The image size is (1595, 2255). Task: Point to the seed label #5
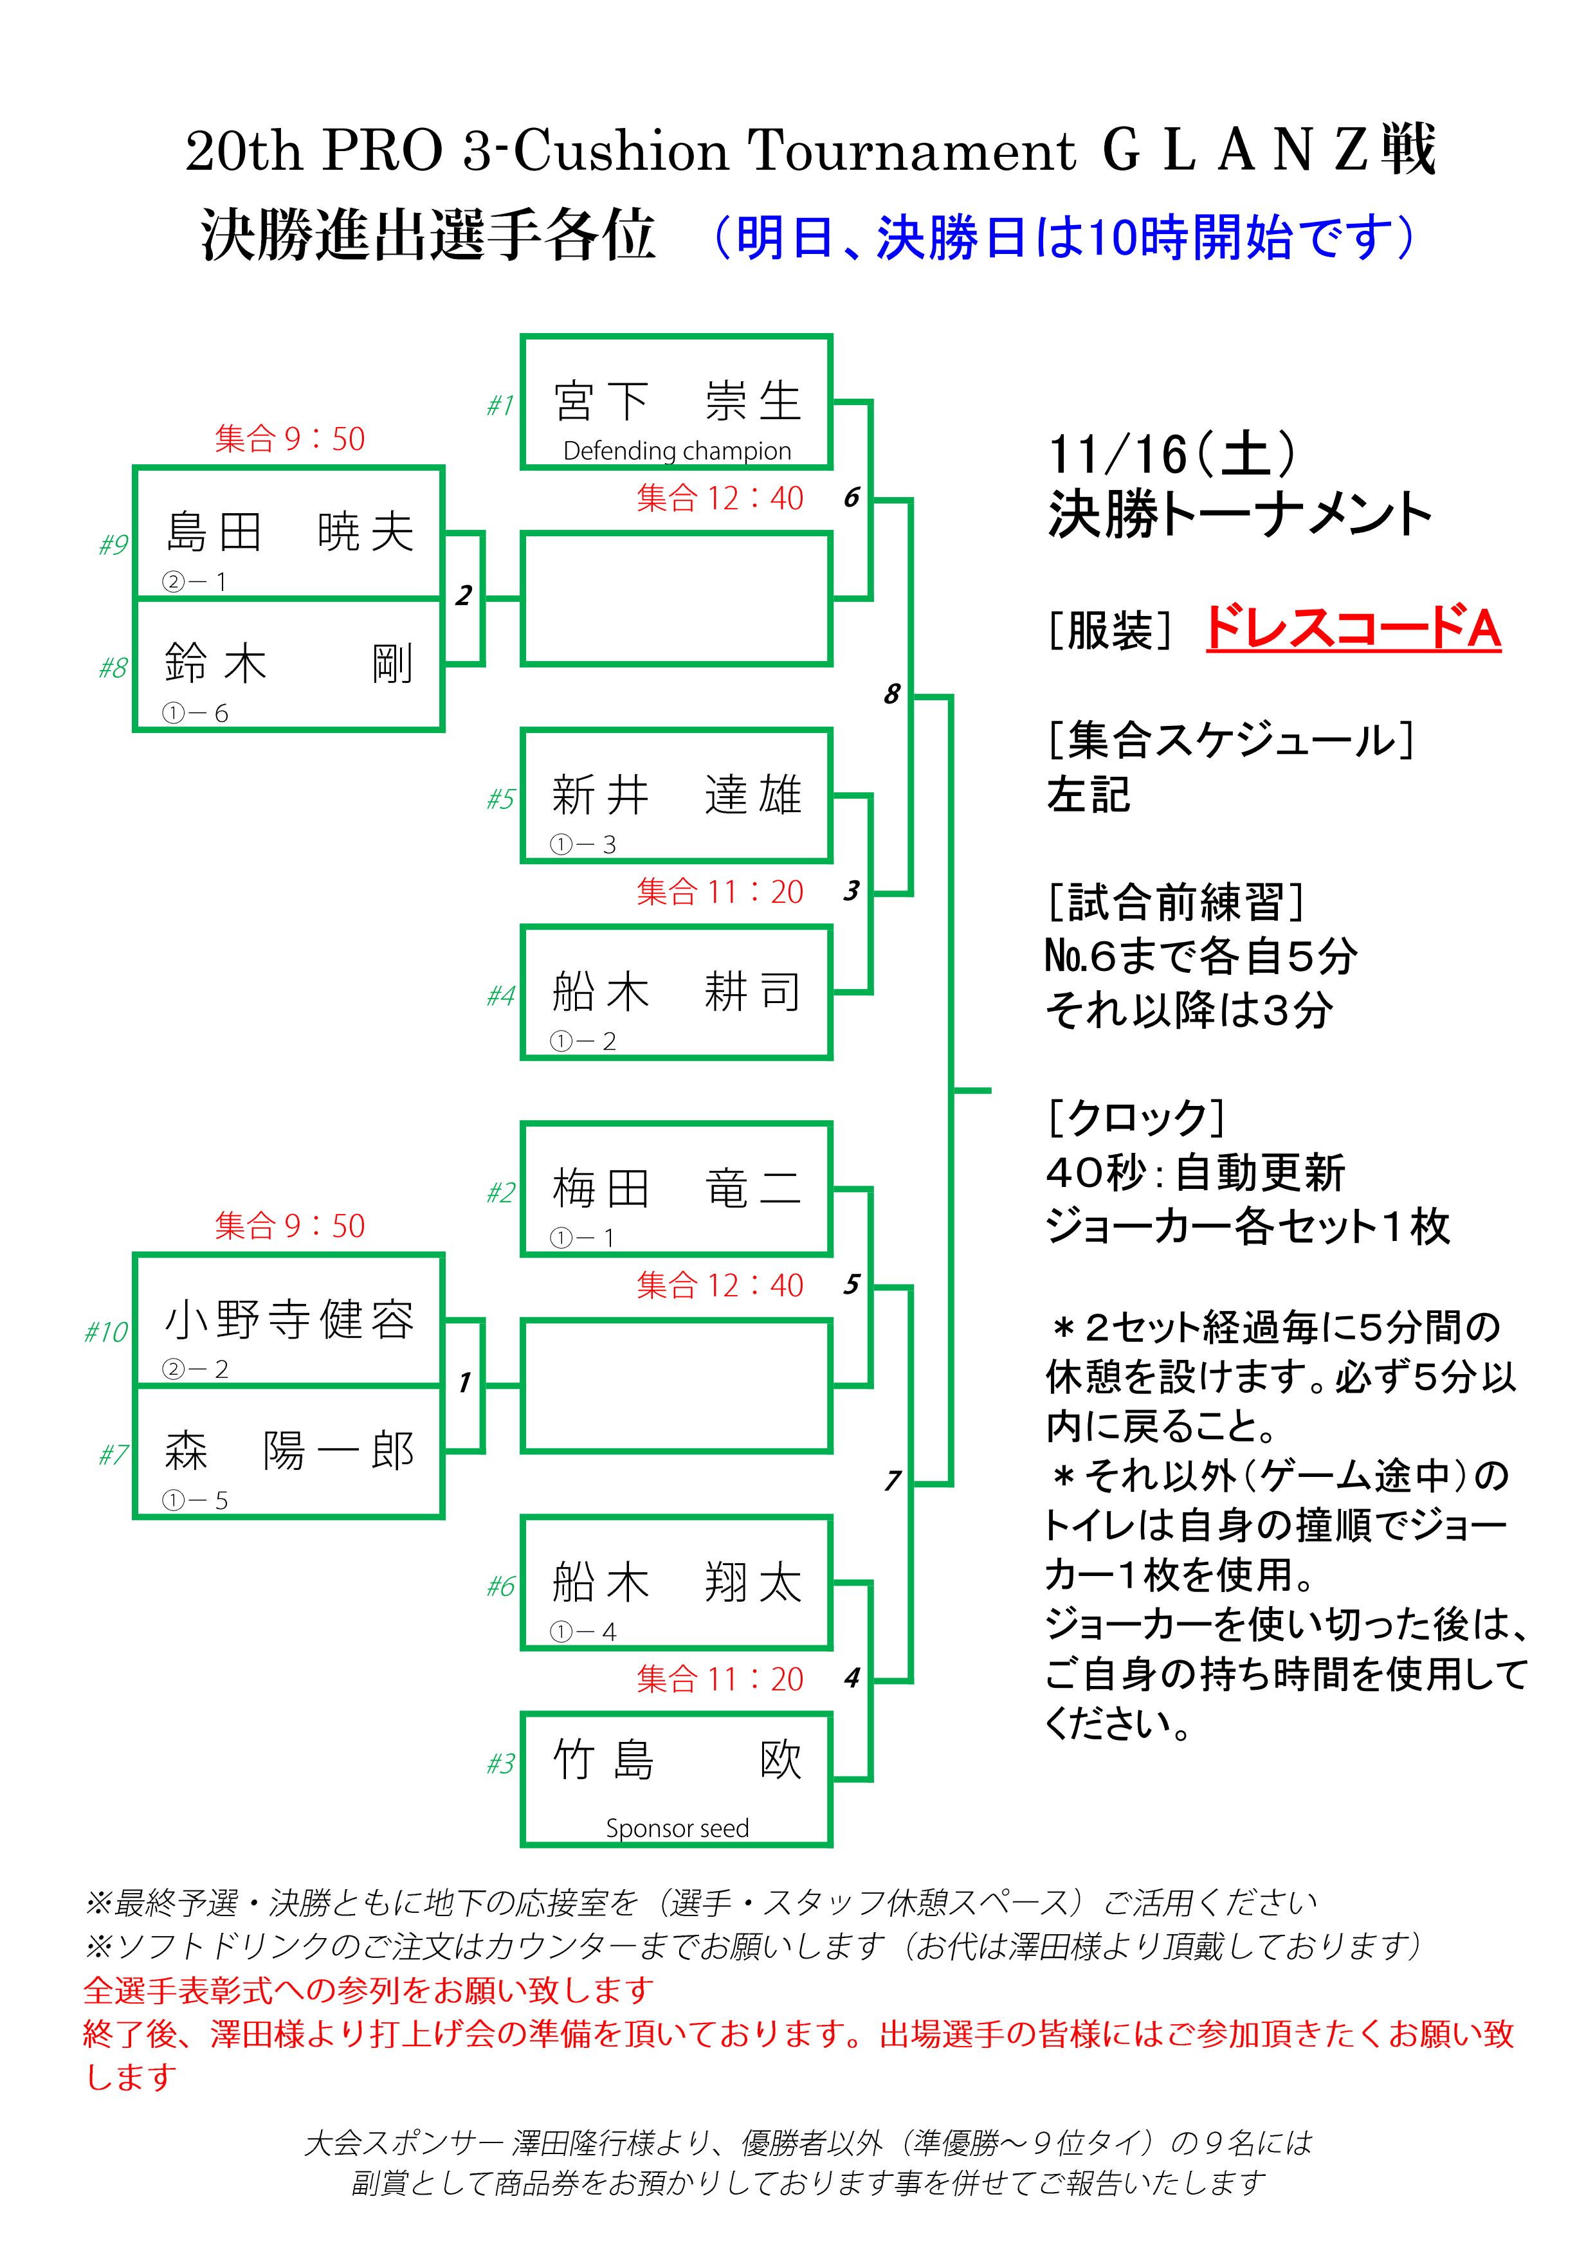501,799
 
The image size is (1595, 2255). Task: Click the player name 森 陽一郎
289,1451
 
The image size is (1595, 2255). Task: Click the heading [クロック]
1135,1117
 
